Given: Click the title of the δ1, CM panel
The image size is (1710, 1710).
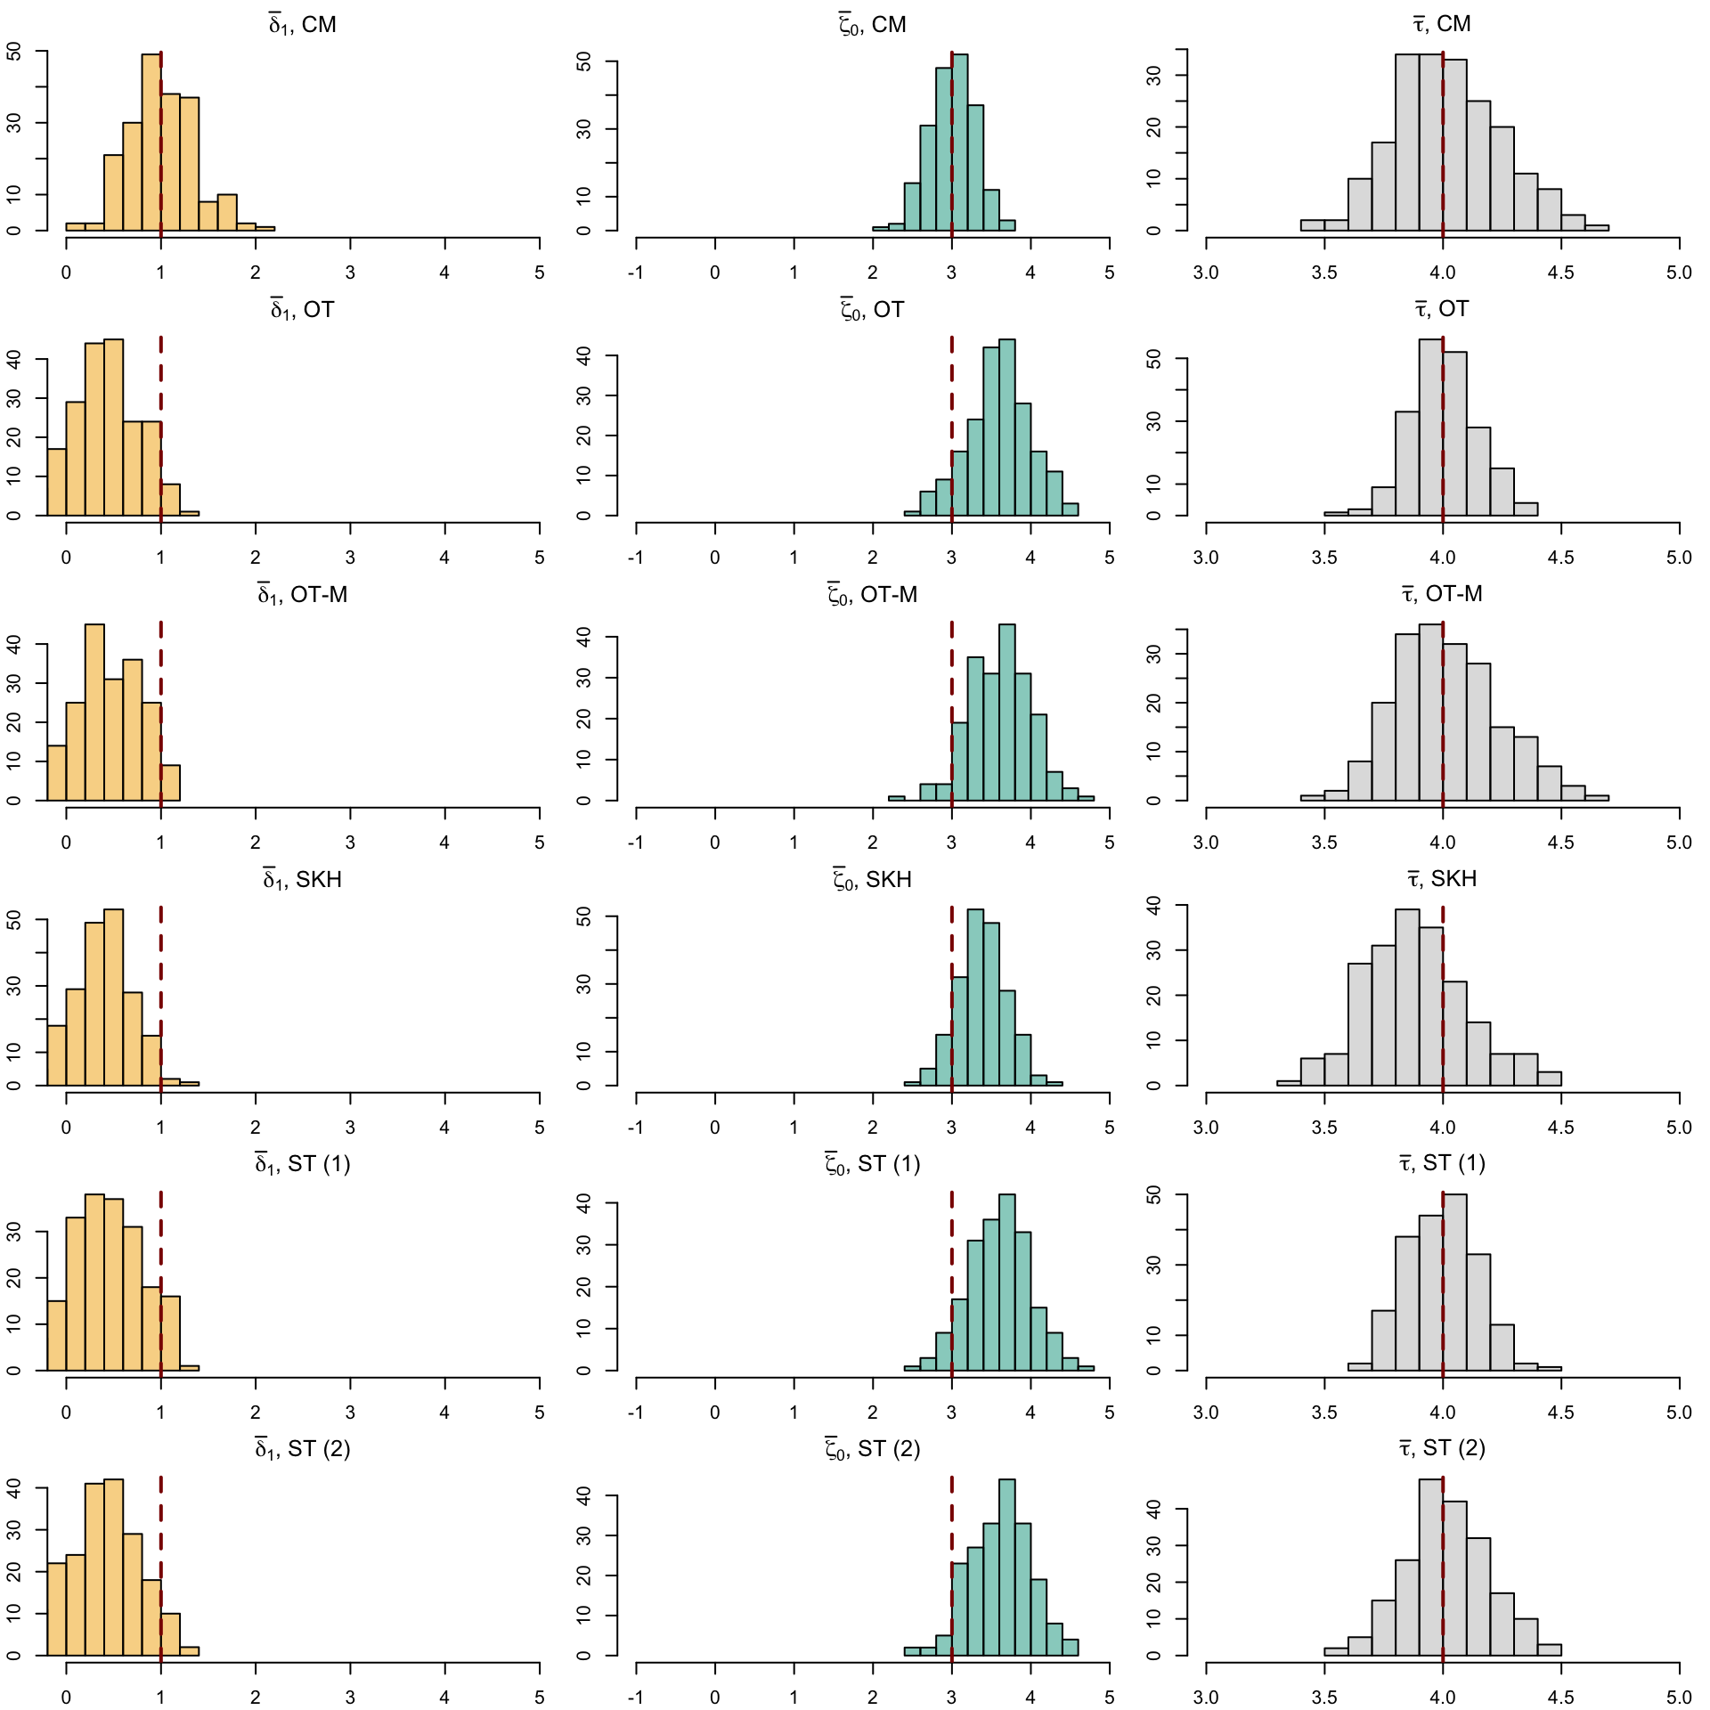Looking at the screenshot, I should (x=302, y=25).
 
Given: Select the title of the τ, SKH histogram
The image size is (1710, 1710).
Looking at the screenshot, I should (x=1442, y=879).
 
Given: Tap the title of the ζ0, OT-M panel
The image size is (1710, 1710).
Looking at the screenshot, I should (x=872, y=595).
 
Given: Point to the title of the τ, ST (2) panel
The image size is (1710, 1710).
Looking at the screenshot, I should (x=1442, y=1449).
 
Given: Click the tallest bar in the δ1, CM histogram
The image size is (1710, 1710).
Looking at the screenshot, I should (x=151, y=142).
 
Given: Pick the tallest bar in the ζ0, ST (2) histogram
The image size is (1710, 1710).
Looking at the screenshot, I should (x=1006, y=1567).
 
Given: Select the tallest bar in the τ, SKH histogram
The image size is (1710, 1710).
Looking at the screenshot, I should (x=1407, y=997).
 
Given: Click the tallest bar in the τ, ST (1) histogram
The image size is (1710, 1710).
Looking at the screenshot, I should (x=1454, y=1282).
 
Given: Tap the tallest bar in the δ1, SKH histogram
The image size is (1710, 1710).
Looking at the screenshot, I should (x=113, y=997).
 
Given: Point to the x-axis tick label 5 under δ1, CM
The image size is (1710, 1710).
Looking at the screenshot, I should (x=539, y=273).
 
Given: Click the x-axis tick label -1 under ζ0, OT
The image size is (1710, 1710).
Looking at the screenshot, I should (x=636, y=558).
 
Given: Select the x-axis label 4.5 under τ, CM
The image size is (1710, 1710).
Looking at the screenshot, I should (x=1560, y=273).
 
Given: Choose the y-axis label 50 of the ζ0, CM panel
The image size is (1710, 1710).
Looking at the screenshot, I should (x=584, y=61).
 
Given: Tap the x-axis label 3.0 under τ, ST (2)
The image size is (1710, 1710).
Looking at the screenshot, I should (x=1206, y=1698).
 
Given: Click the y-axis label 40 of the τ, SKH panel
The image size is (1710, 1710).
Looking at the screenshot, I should (x=1154, y=906).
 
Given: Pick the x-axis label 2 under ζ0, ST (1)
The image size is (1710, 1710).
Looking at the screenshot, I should (x=873, y=1413).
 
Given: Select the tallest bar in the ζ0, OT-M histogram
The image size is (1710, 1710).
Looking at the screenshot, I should (x=1006, y=712).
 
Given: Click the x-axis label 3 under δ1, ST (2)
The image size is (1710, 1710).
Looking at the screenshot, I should (x=350, y=1698).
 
